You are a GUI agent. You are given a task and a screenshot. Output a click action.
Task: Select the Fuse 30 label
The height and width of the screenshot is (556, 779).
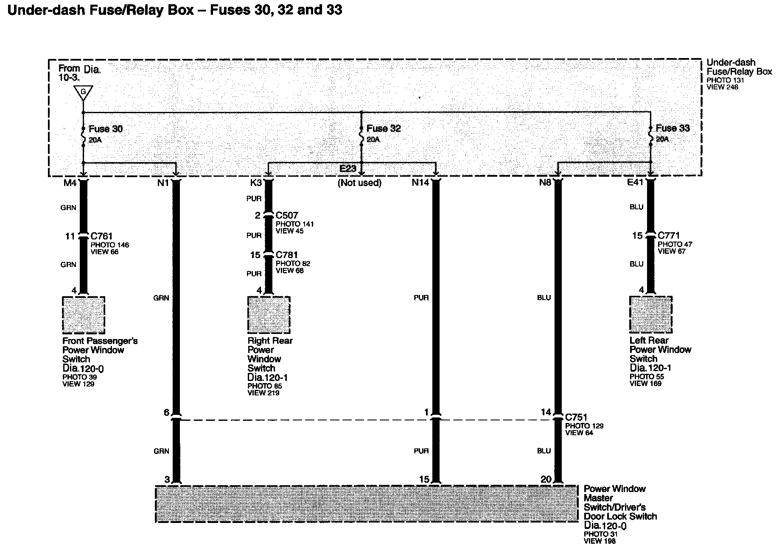pyautogui.click(x=105, y=129)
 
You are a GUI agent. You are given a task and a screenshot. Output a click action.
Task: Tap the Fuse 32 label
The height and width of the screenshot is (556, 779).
pyautogui.click(x=384, y=128)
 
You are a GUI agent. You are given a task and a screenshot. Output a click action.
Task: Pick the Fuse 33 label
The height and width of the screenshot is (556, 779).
pyautogui.click(x=673, y=128)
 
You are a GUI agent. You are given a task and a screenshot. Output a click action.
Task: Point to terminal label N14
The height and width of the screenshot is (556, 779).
pyautogui.click(x=420, y=183)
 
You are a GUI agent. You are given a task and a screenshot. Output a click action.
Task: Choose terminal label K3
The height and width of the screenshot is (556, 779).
pyautogui.click(x=256, y=183)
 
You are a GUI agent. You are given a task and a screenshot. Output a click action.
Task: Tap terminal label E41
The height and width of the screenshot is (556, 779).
pyautogui.click(x=635, y=182)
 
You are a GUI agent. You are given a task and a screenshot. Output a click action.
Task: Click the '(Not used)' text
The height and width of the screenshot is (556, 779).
pyautogui.click(x=359, y=183)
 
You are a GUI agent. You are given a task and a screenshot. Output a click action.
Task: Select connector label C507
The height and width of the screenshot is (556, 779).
pyautogui.click(x=287, y=215)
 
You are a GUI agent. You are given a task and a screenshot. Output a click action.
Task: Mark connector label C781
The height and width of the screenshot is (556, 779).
pyautogui.click(x=287, y=255)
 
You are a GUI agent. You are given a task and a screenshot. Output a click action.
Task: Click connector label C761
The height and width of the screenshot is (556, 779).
pyautogui.click(x=101, y=236)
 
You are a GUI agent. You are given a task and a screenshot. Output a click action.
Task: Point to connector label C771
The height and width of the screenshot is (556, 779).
pyautogui.click(x=669, y=235)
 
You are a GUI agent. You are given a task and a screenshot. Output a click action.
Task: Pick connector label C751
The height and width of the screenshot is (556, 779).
pyautogui.click(x=576, y=417)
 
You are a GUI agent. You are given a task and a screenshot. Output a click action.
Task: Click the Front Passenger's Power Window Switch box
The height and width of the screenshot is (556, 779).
pyautogui.click(x=84, y=315)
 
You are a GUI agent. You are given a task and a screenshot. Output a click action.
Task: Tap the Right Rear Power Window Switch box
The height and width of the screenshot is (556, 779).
pyautogui.click(x=269, y=315)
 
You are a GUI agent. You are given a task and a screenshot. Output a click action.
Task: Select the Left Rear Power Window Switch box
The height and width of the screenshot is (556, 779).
pyautogui.click(x=650, y=314)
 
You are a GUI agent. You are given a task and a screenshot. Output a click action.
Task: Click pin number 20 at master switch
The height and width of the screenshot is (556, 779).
pyautogui.click(x=546, y=479)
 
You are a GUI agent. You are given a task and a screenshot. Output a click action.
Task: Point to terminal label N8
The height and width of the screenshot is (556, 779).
pyautogui.click(x=545, y=183)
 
